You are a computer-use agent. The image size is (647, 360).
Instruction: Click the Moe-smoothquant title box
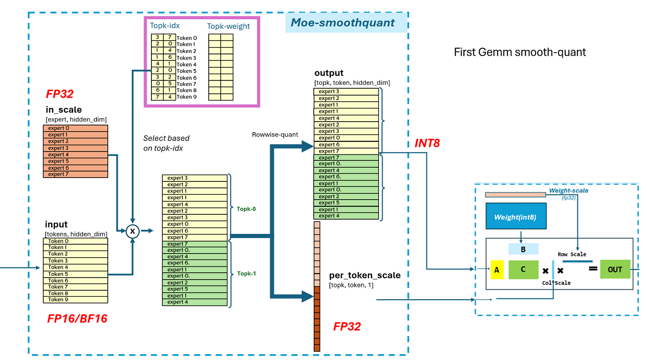(346, 23)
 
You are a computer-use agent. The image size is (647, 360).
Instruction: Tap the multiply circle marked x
(132, 231)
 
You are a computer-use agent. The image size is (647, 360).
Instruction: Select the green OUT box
(615, 269)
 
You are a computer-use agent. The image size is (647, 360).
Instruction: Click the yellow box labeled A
(497, 269)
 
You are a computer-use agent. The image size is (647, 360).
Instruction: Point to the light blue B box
(523, 249)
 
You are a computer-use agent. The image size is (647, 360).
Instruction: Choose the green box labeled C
(523, 269)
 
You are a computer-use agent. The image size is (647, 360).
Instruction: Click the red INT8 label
(427, 143)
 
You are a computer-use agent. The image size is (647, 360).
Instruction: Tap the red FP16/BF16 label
(77, 319)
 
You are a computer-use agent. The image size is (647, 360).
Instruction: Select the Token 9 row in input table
(75, 300)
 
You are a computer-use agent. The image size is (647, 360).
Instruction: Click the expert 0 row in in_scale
(75, 128)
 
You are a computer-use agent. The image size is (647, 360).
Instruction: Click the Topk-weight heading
(228, 26)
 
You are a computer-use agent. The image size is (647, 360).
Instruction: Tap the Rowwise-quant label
(275, 134)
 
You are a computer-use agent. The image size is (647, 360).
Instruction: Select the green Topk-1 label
(246, 273)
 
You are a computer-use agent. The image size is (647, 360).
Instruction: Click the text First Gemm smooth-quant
(520, 52)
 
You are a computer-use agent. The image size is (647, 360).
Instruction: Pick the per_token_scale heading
(365, 275)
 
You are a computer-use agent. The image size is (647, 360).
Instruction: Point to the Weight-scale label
(569, 190)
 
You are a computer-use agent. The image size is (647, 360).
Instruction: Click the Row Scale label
(572, 254)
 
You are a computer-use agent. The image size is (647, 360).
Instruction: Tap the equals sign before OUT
(593, 269)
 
